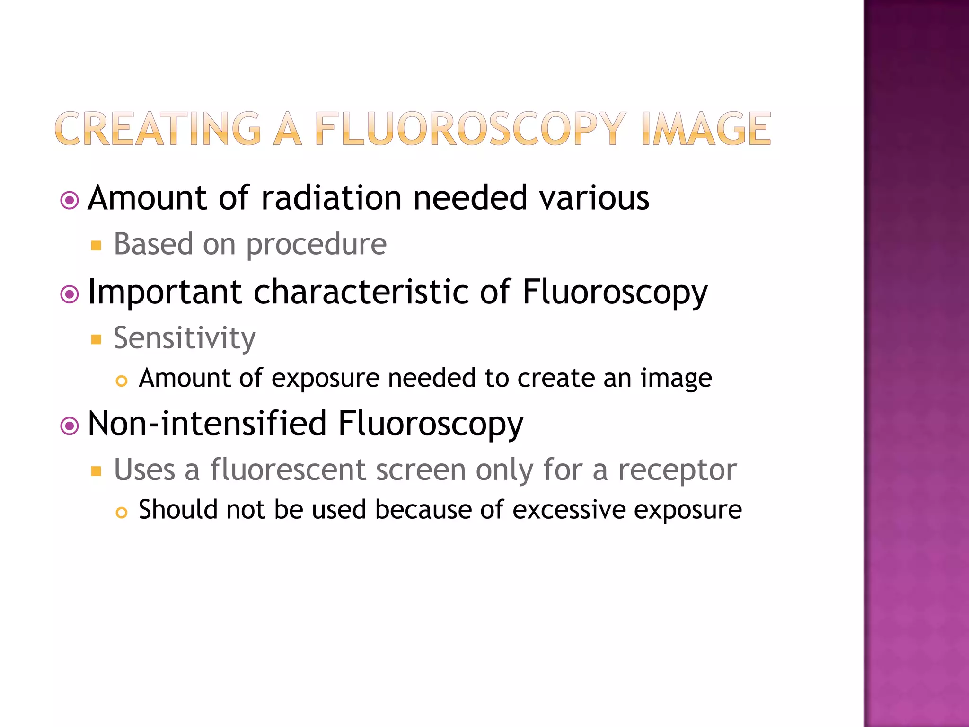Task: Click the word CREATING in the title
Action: [x=158, y=129]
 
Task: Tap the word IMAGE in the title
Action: [x=706, y=129]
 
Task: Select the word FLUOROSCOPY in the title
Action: [x=470, y=129]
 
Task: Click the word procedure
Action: [x=316, y=245]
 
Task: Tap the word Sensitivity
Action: [x=185, y=339]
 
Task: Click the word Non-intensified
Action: [x=207, y=424]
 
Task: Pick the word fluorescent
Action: [x=288, y=470]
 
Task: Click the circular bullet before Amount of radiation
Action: [x=70, y=201]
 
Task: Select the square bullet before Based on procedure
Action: [x=97, y=246]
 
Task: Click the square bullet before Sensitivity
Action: [x=97, y=339]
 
